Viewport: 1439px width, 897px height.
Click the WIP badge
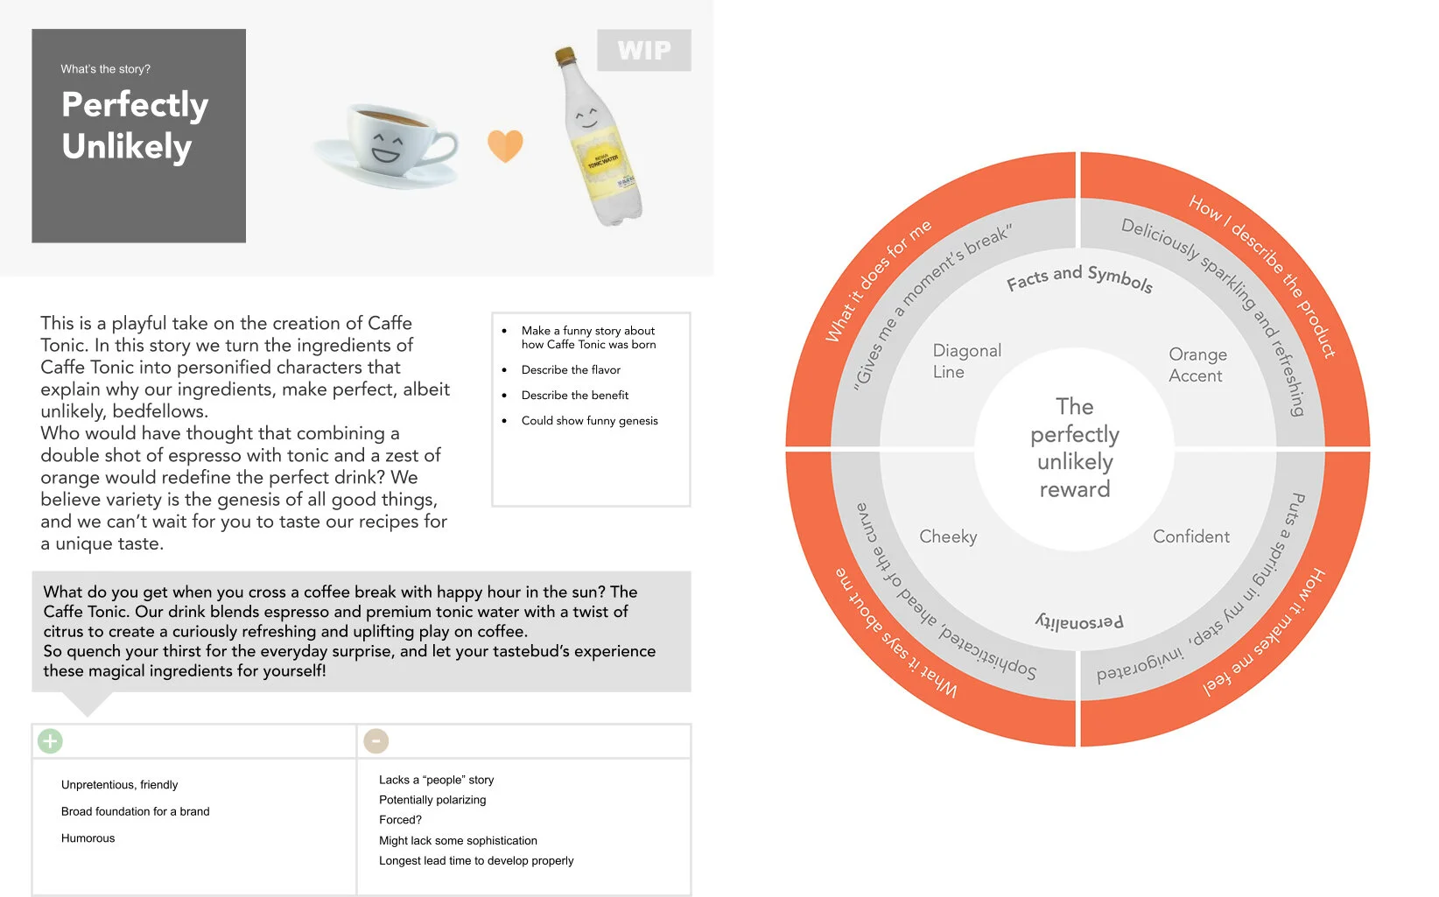click(643, 51)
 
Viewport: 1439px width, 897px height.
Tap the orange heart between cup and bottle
click(505, 145)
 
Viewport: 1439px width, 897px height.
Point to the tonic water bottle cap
click(565, 57)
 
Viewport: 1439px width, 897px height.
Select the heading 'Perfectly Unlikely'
click(135, 125)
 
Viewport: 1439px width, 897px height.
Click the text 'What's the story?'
click(105, 69)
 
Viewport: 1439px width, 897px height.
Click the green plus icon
click(50, 741)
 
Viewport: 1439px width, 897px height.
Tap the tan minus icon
click(376, 741)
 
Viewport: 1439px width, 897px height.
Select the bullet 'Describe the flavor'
click(571, 370)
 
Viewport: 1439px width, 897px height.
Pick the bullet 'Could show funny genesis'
click(589, 421)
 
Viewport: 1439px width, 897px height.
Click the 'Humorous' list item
click(88, 838)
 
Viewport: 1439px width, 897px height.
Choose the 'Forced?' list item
click(400, 820)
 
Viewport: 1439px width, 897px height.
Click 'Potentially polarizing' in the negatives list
click(432, 800)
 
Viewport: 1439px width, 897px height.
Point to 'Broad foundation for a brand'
click(135, 812)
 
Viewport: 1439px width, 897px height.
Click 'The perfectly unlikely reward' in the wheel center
click(1075, 448)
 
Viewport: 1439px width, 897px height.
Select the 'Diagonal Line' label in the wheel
click(966, 361)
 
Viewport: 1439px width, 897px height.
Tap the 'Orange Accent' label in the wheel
click(1197, 365)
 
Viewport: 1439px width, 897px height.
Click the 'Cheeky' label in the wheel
click(948, 536)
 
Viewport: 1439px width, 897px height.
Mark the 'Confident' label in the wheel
click(1190, 536)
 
